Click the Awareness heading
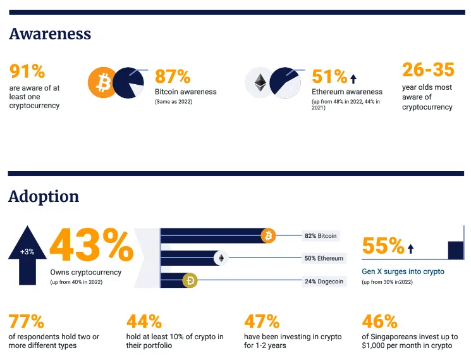pyautogui.click(x=50, y=34)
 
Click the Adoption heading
pyautogui.click(x=44, y=197)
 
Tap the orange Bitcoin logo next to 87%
pyautogui.click(x=103, y=82)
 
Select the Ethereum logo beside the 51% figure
pyautogui.click(x=260, y=82)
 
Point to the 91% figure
pyautogui.click(x=27, y=70)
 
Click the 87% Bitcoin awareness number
pyautogui.click(x=173, y=77)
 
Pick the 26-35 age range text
pyautogui.click(x=428, y=70)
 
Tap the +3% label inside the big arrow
pyautogui.click(x=27, y=251)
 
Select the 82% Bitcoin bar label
pyautogui.click(x=321, y=236)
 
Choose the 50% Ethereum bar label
pyautogui.click(x=324, y=258)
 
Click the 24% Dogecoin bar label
pyautogui.click(x=324, y=281)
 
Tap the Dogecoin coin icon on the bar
pyautogui.click(x=190, y=280)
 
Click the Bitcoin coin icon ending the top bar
pyautogui.click(x=269, y=236)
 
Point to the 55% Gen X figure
pyautogui.click(x=383, y=245)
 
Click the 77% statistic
pyautogui.click(x=27, y=321)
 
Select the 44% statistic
pyautogui.click(x=144, y=321)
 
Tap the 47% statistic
pyautogui.click(x=262, y=321)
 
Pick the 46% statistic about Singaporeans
pyautogui.click(x=379, y=321)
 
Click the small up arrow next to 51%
pyautogui.click(x=353, y=78)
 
